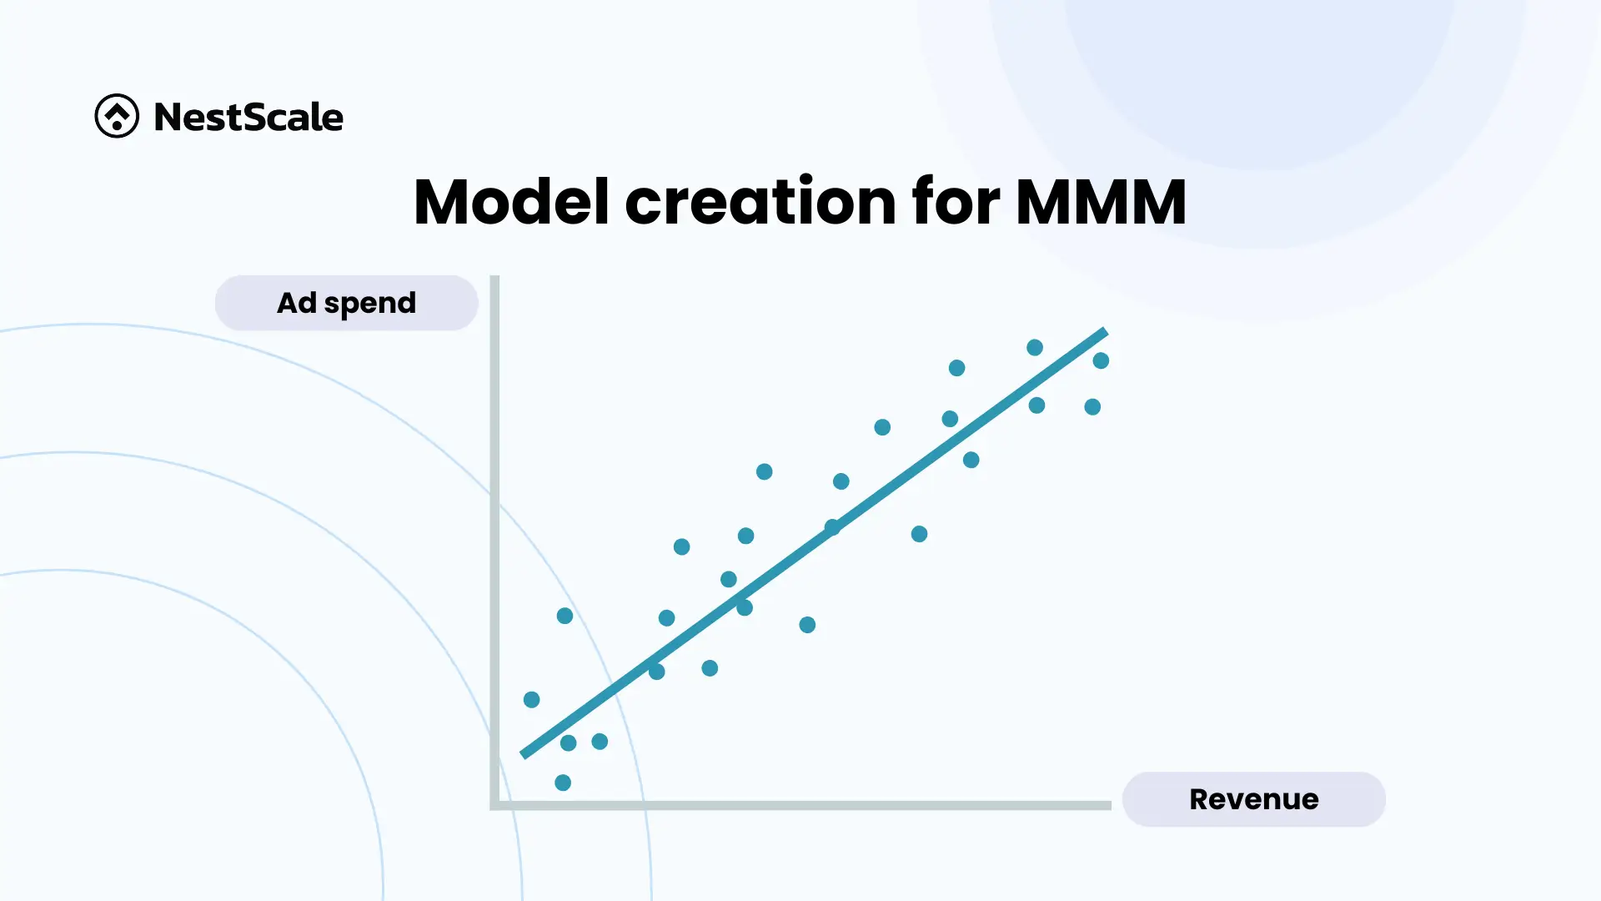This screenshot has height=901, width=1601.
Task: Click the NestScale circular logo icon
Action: tap(117, 116)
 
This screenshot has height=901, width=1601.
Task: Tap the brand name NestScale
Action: tap(248, 117)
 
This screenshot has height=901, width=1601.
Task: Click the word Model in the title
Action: tap(511, 201)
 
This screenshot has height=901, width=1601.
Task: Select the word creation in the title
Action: tap(760, 201)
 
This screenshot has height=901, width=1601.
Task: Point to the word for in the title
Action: tap(956, 201)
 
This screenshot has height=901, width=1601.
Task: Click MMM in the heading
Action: tap(1101, 201)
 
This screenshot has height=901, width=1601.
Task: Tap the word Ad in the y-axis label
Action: tap(297, 302)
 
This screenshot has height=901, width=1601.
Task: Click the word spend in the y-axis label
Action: tap(370, 304)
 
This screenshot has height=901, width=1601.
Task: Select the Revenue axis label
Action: tap(1254, 799)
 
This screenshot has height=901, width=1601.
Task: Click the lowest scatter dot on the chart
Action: tap(563, 783)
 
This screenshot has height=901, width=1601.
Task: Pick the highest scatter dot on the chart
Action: tap(1035, 347)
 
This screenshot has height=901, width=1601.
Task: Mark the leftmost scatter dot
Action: tap(531, 699)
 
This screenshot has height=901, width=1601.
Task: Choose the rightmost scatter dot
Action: tap(1101, 360)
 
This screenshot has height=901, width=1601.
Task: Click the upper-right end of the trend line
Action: tap(1106, 331)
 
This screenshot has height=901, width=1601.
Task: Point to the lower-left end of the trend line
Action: tap(523, 755)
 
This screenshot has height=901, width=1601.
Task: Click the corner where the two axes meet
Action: tap(494, 805)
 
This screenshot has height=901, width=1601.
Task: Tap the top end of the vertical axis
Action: tap(494, 276)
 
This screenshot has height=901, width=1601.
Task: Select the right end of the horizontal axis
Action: tap(1111, 805)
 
